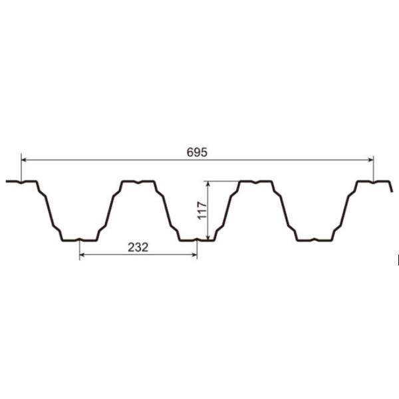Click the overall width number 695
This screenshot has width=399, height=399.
click(x=197, y=152)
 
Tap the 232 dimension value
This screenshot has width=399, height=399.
click(x=138, y=247)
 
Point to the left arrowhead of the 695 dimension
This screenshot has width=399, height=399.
click(x=25, y=160)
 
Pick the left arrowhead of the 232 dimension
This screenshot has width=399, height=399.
click(x=82, y=255)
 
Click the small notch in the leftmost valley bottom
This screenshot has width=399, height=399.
click(x=80, y=239)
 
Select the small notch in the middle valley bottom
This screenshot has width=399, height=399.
click(x=197, y=239)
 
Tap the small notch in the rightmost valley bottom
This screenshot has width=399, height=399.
click(x=314, y=239)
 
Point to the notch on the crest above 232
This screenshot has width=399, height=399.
click(x=138, y=182)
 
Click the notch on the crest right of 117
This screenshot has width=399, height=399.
click(x=255, y=182)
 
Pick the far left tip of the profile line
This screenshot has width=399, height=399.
click(x=7, y=181)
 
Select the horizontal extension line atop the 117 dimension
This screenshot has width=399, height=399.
click(x=223, y=181)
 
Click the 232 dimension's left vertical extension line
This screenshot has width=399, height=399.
click(x=80, y=249)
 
